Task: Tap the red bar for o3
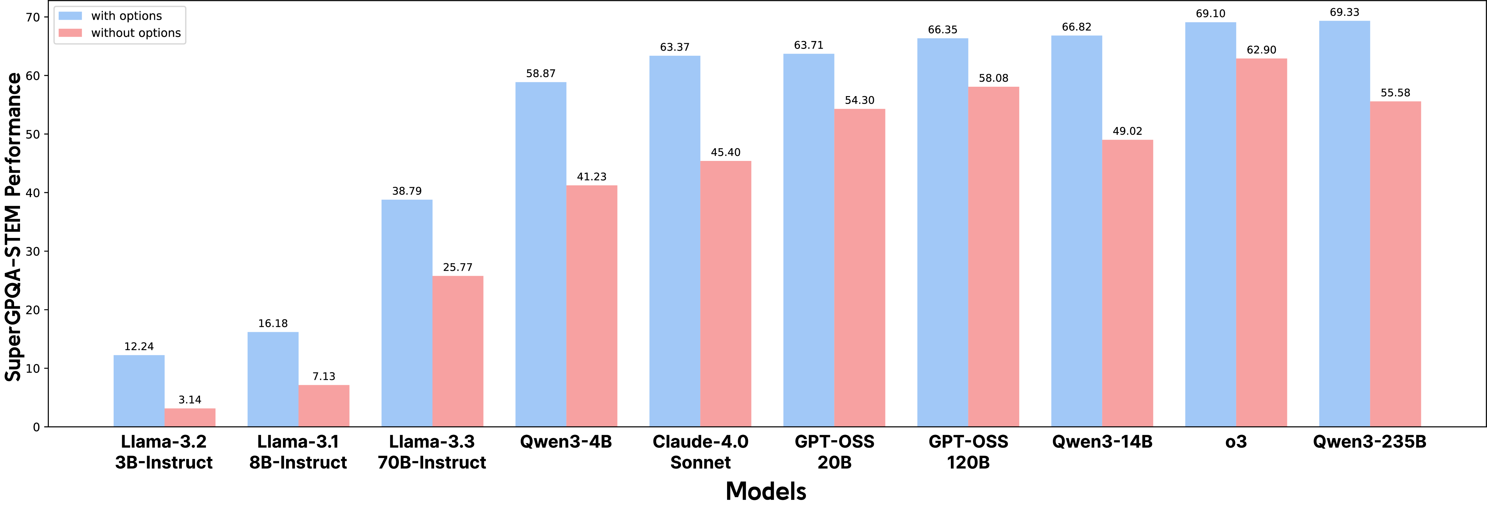(1261, 242)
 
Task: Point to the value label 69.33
(1344, 12)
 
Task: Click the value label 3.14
(190, 399)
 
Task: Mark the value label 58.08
(993, 78)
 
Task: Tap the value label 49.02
(1127, 131)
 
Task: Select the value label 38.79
(407, 191)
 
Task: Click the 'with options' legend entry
(126, 16)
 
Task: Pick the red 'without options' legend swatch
(70, 33)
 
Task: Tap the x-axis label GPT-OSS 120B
(968, 452)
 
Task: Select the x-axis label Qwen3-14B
(1102, 442)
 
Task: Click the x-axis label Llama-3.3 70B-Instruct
(432, 452)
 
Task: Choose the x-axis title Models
(766, 491)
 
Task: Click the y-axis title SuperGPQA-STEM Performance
(14, 226)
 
